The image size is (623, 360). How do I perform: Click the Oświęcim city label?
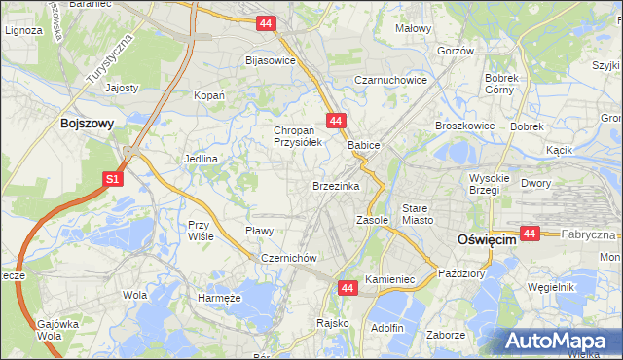[x=487, y=240]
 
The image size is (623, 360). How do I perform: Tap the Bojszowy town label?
[x=88, y=124]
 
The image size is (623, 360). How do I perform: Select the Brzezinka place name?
[x=336, y=185]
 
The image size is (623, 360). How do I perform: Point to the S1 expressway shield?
[x=113, y=179]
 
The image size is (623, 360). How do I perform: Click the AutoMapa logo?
[x=560, y=342]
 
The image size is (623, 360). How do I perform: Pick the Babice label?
[x=363, y=145]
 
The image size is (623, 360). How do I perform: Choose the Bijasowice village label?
[x=270, y=60]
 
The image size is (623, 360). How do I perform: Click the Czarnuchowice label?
[x=390, y=80]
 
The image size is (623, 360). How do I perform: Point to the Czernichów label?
[x=284, y=258]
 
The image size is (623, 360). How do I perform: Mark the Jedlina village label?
[x=200, y=158]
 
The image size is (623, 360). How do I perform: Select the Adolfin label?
[x=386, y=328]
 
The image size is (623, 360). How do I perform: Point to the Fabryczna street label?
[x=592, y=234]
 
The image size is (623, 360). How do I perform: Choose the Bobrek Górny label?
[x=504, y=83]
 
